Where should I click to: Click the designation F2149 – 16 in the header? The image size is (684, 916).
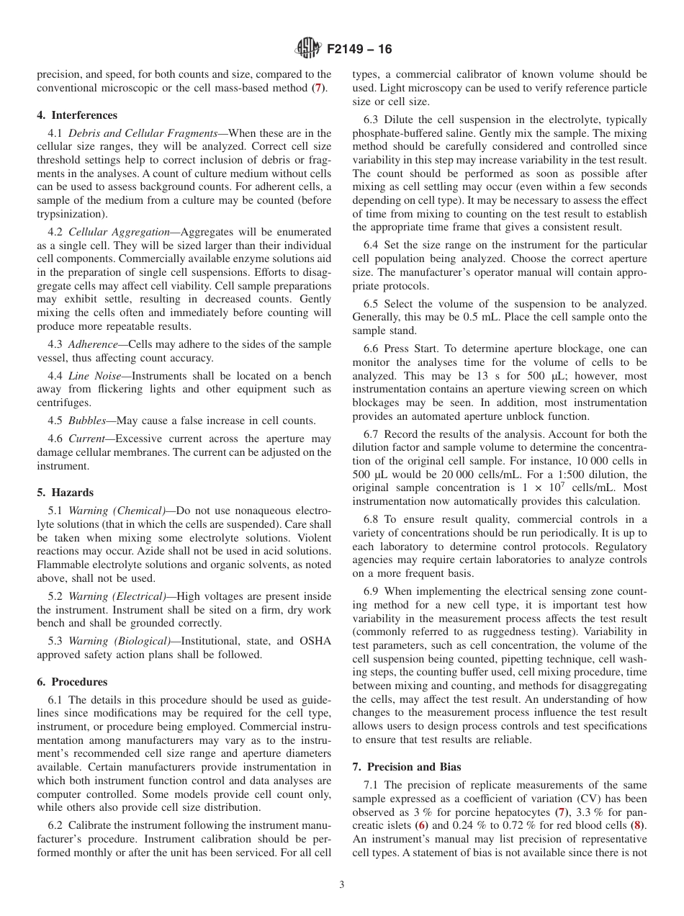click(x=359, y=50)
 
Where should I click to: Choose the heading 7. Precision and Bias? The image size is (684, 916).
click(x=407, y=766)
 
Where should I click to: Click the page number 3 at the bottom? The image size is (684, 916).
click(x=342, y=885)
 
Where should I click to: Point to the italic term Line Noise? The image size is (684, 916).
click(x=96, y=376)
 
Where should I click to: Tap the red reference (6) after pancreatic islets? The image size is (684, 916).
click(x=423, y=825)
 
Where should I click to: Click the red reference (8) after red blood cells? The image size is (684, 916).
click(x=637, y=825)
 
